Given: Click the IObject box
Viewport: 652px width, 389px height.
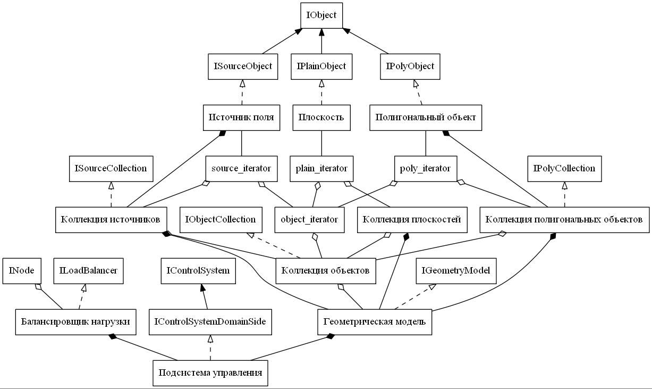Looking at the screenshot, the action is click(x=321, y=15).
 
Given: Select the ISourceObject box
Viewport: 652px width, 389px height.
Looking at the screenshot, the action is click(x=243, y=67).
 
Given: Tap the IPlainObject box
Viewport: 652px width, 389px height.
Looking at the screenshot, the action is click(x=321, y=67).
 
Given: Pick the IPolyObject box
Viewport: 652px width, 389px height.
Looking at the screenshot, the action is click(x=410, y=67).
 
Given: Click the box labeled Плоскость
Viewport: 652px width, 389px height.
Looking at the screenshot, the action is click(x=321, y=118).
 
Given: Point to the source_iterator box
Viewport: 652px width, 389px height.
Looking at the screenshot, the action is click(x=241, y=169).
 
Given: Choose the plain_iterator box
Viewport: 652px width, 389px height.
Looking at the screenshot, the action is click(x=321, y=169).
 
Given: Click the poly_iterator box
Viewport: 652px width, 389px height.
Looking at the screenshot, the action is click(x=426, y=169).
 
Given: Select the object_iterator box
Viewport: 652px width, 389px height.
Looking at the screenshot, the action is click(x=309, y=220).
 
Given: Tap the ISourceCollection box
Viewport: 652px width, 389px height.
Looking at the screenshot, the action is click(x=111, y=169).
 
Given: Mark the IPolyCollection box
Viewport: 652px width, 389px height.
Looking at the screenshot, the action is click(x=564, y=169).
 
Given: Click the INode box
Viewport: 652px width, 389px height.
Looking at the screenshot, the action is click(x=22, y=271).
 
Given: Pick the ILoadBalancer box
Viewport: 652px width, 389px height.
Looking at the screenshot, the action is click(x=89, y=271).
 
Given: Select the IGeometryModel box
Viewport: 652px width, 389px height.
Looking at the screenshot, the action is click(x=456, y=271).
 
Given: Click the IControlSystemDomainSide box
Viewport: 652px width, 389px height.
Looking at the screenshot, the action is click(x=210, y=322).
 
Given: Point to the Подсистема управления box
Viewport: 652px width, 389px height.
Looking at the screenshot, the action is click(x=210, y=373).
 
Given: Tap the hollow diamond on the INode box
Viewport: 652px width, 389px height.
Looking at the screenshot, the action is click(x=38, y=287).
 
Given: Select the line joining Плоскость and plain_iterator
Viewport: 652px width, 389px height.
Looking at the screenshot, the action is click(x=321, y=143).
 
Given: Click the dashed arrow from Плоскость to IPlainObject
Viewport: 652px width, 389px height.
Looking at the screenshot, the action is click(x=321, y=92).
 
